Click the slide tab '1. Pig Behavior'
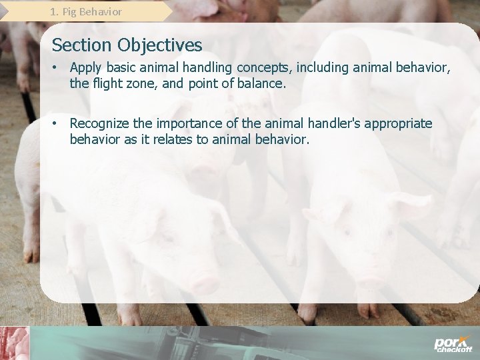[86, 11]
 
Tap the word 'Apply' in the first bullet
[85, 67]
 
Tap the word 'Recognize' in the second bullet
[100, 124]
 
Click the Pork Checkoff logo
[453, 344]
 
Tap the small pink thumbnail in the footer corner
[15, 343]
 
